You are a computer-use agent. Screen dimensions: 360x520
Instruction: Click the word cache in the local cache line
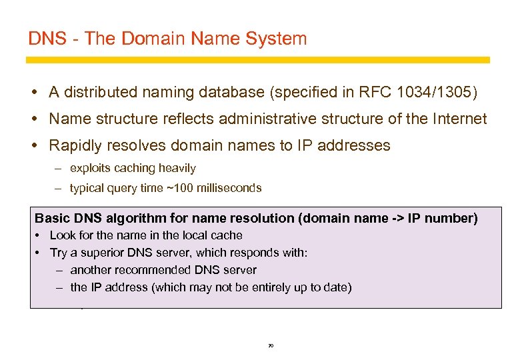[227, 235]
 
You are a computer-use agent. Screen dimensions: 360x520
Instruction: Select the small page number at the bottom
[270, 346]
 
